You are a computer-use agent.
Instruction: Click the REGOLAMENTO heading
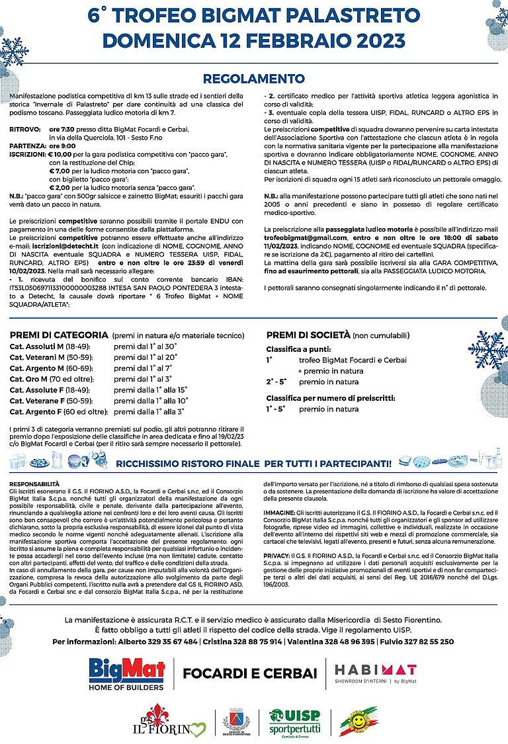(x=253, y=79)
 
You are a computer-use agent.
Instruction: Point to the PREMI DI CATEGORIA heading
(x=59, y=335)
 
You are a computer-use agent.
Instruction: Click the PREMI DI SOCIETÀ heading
(x=308, y=335)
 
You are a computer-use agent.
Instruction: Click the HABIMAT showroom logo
(x=375, y=673)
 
